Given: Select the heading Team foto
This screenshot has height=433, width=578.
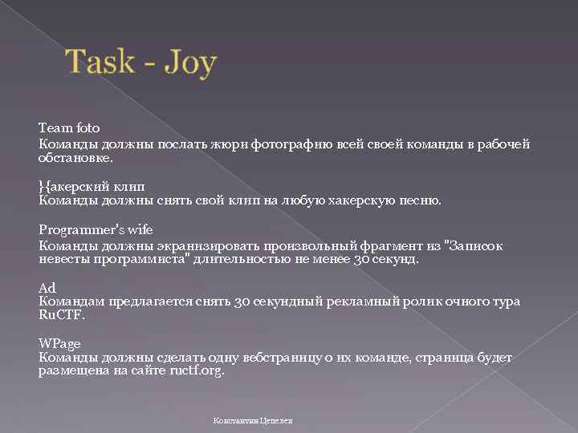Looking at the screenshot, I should coord(68,127).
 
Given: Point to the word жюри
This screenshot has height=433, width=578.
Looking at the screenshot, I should coord(231,144).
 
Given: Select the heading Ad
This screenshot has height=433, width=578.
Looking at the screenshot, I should coord(46,288).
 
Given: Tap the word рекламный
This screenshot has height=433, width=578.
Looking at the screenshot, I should coord(362,302).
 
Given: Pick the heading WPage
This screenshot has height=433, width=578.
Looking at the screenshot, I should coord(59,343).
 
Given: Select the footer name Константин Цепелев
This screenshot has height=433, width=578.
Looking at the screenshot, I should coord(253,420).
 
